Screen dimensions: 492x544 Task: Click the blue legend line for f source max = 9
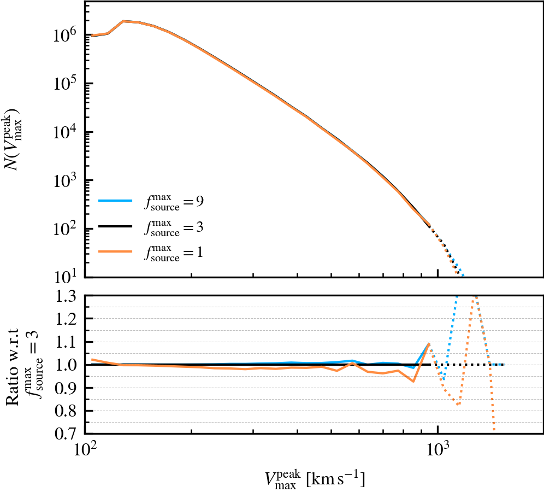[115, 201]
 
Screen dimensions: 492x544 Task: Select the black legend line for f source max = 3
[115, 226]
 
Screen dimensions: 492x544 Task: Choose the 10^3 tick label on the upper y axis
[64, 180]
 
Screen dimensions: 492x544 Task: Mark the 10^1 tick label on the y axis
[64, 277]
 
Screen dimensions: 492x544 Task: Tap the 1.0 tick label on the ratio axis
[66, 365]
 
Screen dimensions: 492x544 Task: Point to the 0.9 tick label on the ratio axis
[66, 388]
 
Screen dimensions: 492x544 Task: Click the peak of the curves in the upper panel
[123, 21]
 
